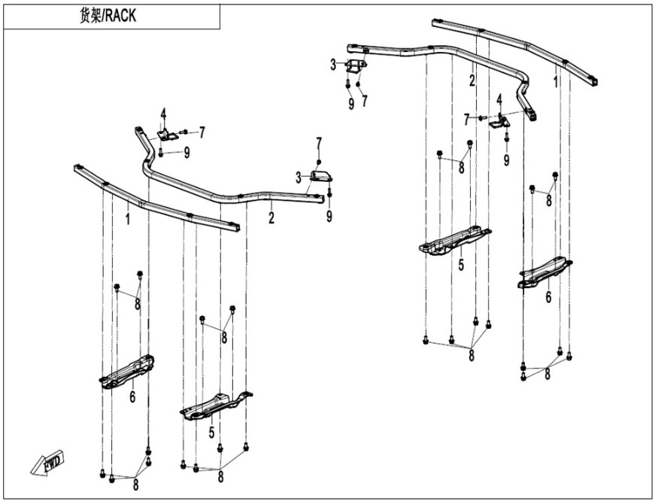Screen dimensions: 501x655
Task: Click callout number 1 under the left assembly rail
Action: tap(127, 219)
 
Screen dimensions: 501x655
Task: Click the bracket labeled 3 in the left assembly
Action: tap(321, 177)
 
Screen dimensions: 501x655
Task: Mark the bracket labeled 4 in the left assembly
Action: tap(167, 135)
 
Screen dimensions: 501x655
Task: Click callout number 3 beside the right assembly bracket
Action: tap(333, 65)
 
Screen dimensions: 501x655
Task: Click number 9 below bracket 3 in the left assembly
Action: tap(329, 217)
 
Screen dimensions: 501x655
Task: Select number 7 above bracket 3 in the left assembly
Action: tap(319, 143)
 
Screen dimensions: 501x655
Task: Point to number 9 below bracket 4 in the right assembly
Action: tap(506, 159)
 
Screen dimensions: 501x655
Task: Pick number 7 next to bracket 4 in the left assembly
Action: tap(201, 132)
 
